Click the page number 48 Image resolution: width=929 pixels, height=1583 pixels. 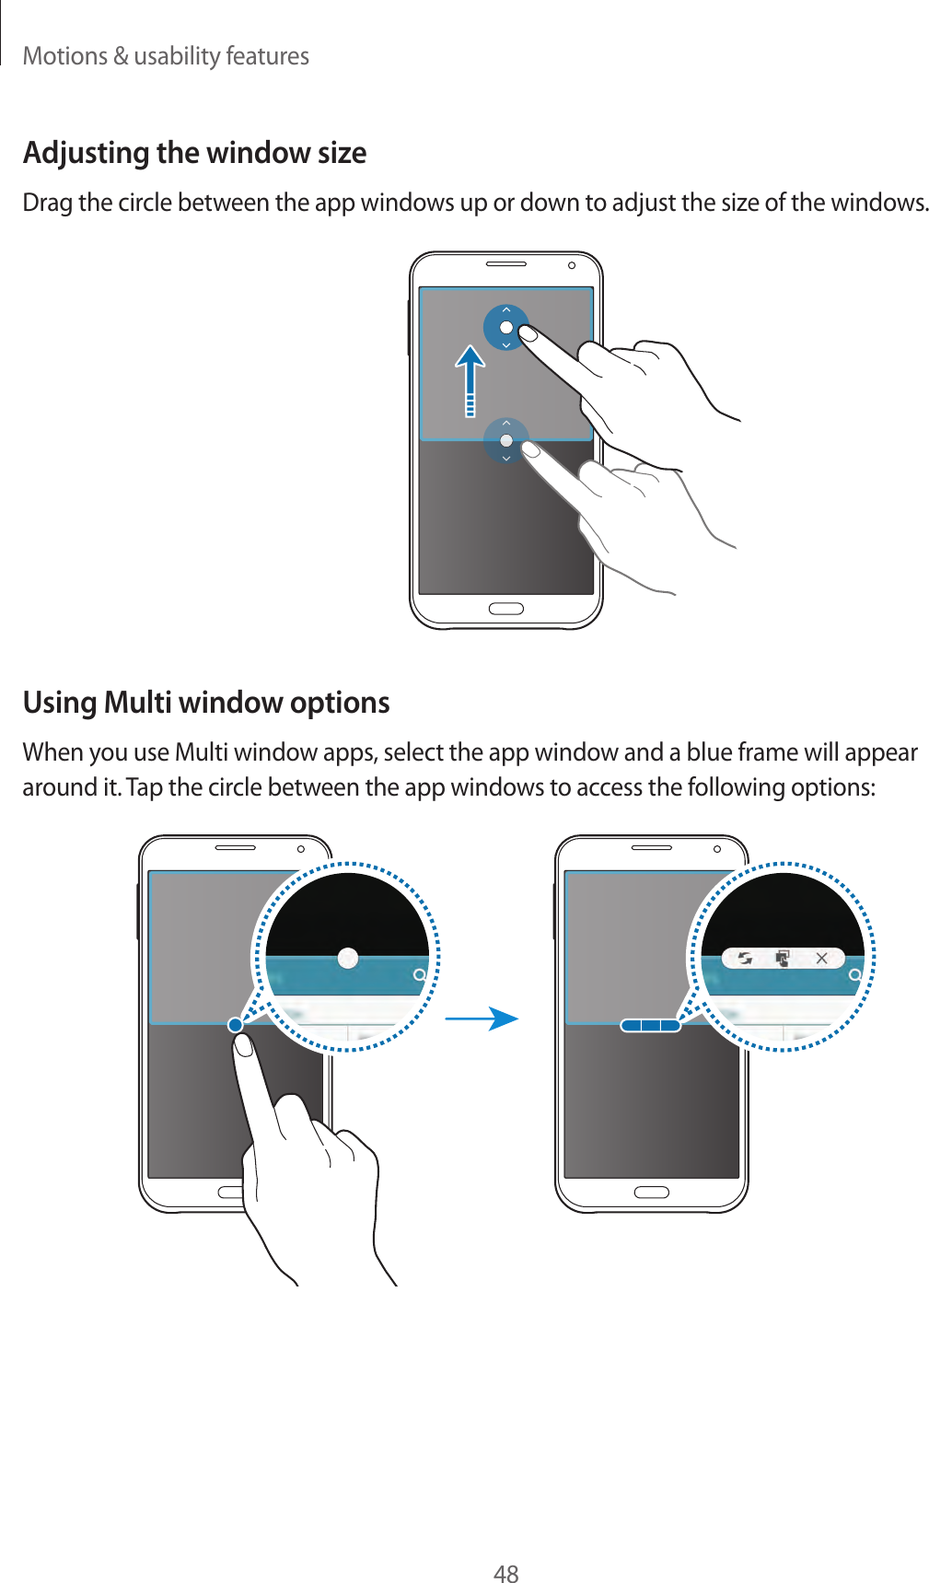click(x=505, y=1573)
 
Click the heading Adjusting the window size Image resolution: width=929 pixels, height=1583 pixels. click(x=194, y=153)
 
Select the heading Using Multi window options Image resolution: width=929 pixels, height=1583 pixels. click(x=206, y=703)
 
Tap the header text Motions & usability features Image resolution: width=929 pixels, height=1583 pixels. click(x=166, y=56)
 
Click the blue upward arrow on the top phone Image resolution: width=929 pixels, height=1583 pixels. click(x=470, y=378)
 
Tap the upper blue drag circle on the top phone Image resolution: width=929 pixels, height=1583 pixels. click(x=505, y=327)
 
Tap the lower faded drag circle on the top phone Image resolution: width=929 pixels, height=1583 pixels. click(x=505, y=440)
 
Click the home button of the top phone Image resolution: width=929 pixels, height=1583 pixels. click(x=505, y=609)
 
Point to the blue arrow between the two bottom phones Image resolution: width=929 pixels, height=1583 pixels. click(x=484, y=1018)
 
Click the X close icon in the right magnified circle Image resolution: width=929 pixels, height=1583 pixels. click(x=821, y=959)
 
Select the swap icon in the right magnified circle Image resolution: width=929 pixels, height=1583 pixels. click(x=744, y=959)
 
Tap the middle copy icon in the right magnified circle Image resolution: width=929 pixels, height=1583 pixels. click(x=783, y=959)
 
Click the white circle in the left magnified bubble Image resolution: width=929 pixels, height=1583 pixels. click(x=348, y=958)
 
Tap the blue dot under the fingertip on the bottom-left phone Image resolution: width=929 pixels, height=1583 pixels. click(x=236, y=1025)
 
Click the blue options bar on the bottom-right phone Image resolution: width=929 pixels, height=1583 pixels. click(x=650, y=1025)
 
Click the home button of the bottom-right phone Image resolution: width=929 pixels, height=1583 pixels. click(x=651, y=1193)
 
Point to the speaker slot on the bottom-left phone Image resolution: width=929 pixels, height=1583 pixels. click(x=236, y=848)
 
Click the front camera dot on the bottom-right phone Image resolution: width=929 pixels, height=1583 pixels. click(x=717, y=849)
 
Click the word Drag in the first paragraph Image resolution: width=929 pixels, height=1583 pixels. click(x=47, y=203)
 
